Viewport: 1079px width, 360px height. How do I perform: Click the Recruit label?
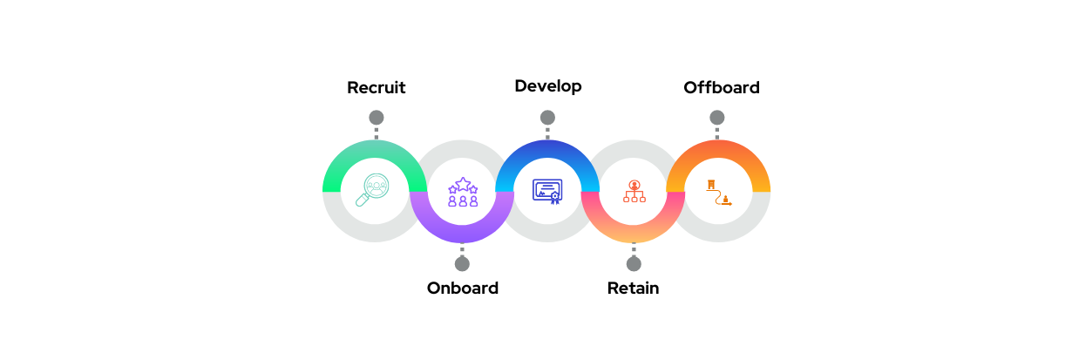pyautogui.click(x=377, y=88)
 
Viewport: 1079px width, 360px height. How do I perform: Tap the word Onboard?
pyautogui.click(x=462, y=289)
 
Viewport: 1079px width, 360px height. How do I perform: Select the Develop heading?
pyautogui.click(x=547, y=86)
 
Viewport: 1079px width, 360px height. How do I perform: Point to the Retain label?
pyautogui.click(x=633, y=289)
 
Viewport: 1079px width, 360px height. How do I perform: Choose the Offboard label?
pyautogui.click(x=721, y=88)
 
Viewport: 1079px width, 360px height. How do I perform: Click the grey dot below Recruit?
pyautogui.click(x=377, y=118)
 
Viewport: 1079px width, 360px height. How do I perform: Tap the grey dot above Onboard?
pyautogui.click(x=462, y=263)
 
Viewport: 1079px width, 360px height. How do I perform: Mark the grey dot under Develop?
pyautogui.click(x=547, y=118)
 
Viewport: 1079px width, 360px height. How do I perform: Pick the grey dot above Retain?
pyautogui.click(x=634, y=263)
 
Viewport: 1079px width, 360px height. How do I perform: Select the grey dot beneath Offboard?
pyautogui.click(x=717, y=118)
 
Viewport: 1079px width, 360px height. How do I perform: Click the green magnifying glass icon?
pyautogui.click(x=374, y=191)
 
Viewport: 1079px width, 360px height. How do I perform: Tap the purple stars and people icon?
pyautogui.click(x=462, y=192)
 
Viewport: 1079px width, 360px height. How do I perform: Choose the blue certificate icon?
pyautogui.click(x=547, y=191)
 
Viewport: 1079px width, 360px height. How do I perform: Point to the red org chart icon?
pyautogui.click(x=634, y=192)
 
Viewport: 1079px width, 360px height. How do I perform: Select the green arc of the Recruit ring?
pyautogui.click(x=375, y=149)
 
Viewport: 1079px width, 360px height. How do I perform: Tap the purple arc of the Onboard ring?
pyautogui.click(x=462, y=234)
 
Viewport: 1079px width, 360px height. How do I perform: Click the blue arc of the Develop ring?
pyautogui.click(x=547, y=149)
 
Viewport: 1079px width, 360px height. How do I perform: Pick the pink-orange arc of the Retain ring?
pyautogui.click(x=634, y=234)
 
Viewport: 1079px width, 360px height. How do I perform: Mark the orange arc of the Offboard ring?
pyautogui.click(x=718, y=149)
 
